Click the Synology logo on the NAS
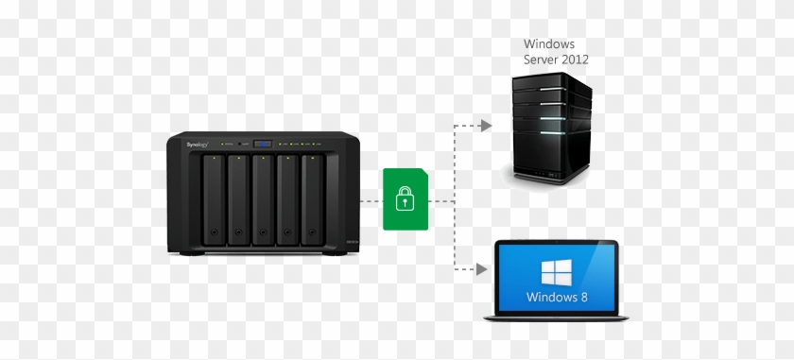pyautogui.click(x=197, y=144)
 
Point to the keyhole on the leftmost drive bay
pyautogui.click(x=215, y=231)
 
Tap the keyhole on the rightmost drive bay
pyautogui.click(x=313, y=231)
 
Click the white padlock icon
pyautogui.click(x=405, y=198)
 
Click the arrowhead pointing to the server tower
pyautogui.click(x=486, y=126)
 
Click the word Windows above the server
pyautogui.click(x=547, y=44)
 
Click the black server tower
pyautogui.click(x=553, y=132)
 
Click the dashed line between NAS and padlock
pyautogui.click(x=371, y=200)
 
